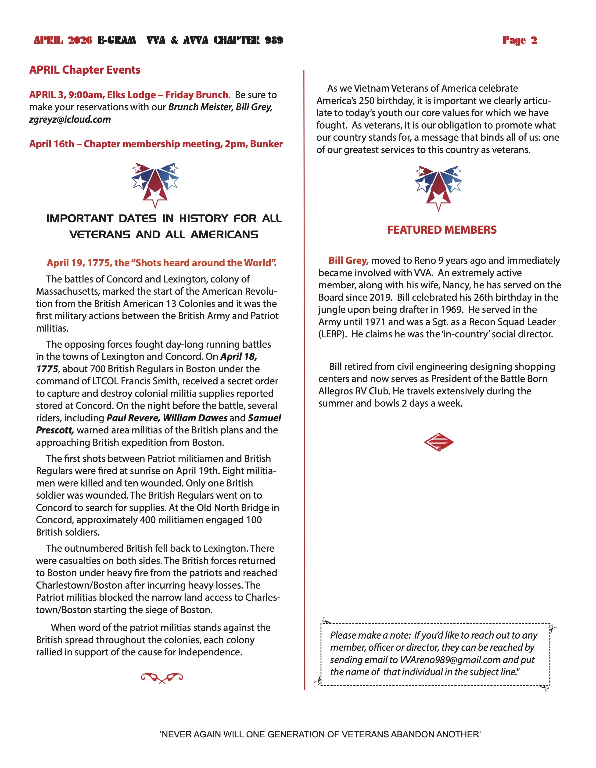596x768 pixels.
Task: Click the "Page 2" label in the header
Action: pyautogui.click(x=519, y=40)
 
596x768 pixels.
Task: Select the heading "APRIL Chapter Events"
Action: pyautogui.click(x=85, y=70)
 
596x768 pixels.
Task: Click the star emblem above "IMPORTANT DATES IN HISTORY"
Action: pyautogui.click(x=155, y=185)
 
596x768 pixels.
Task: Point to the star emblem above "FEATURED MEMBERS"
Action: pyautogui.click(x=438, y=187)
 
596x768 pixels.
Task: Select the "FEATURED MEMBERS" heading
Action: pyautogui.click(x=442, y=230)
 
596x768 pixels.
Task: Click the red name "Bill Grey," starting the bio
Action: pyautogui.click(x=348, y=261)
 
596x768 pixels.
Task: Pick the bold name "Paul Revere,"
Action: pyautogui.click(x=133, y=418)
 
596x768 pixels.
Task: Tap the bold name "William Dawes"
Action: pyautogui.click(x=195, y=418)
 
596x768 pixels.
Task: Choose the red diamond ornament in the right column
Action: pyautogui.click(x=438, y=442)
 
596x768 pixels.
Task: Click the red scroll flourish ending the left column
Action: pyautogui.click(x=162, y=677)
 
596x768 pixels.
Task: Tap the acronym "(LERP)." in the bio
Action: pyautogui.click(x=332, y=334)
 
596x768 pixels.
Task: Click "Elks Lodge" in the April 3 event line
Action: pyautogui.click(x=131, y=95)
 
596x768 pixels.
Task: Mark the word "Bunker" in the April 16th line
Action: pyautogui.click(x=266, y=144)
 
